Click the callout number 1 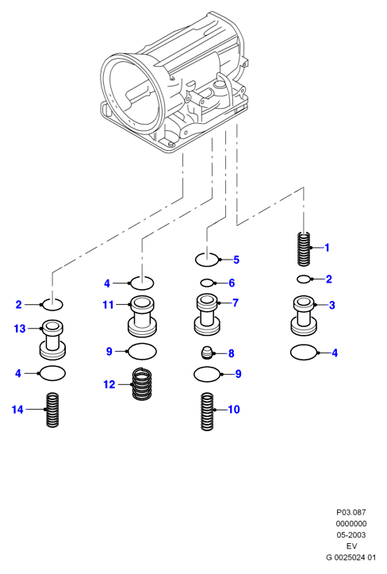tap(327, 248)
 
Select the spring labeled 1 tap(304, 248)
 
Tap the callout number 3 tap(331, 305)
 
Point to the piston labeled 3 tap(304, 315)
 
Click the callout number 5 tap(236, 260)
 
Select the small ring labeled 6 tap(207, 283)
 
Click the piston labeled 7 tap(207, 314)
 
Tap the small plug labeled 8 tap(208, 352)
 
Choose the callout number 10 tap(234, 410)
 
